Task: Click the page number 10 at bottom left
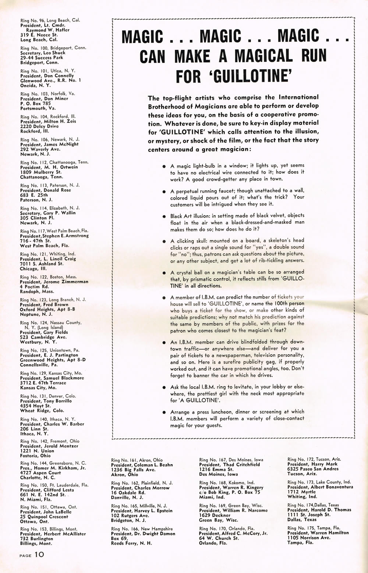[39, 555]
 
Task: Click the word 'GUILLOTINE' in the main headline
[250, 77]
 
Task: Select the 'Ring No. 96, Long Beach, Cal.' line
[50, 20]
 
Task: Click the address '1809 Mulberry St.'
[41, 172]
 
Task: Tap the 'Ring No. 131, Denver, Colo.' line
[48, 396]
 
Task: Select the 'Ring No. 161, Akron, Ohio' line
[137, 460]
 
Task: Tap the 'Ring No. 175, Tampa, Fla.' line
[314, 528]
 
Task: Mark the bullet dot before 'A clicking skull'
[164, 241]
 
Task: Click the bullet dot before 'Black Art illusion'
[164, 216]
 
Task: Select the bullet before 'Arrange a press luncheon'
[164, 413]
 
